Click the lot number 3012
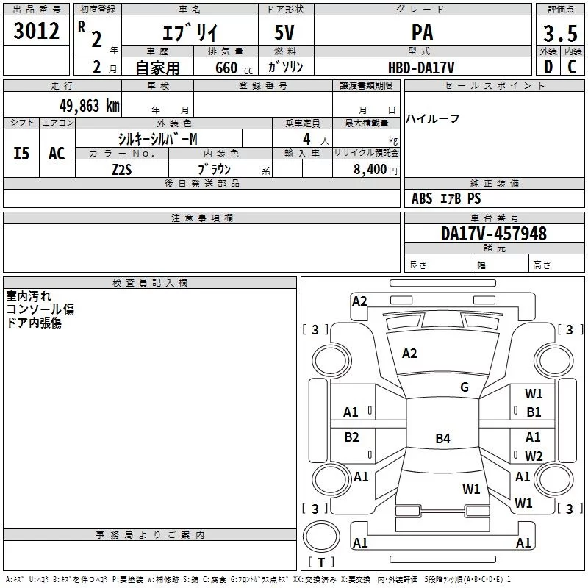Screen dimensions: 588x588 (x=37, y=32)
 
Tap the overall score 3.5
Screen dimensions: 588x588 (x=560, y=34)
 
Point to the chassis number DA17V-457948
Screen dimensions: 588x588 (x=494, y=234)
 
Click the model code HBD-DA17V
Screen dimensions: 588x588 (x=421, y=68)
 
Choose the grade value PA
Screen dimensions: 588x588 (x=422, y=33)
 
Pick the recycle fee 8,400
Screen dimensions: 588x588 (x=370, y=168)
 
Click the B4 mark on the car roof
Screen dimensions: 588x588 (x=442, y=439)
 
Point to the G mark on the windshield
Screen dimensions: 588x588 (x=464, y=387)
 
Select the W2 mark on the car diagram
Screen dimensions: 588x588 (x=534, y=456)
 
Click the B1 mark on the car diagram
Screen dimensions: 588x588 (x=534, y=412)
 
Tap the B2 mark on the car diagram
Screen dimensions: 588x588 (x=352, y=437)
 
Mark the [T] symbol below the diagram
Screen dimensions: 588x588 (x=321, y=563)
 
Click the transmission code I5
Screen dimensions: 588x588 (x=22, y=153)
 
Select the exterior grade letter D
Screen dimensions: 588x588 (x=548, y=68)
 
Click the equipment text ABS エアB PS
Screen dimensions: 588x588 (x=446, y=198)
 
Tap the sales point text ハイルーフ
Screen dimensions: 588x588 (x=433, y=119)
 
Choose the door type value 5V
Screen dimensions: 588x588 (x=286, y=33)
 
